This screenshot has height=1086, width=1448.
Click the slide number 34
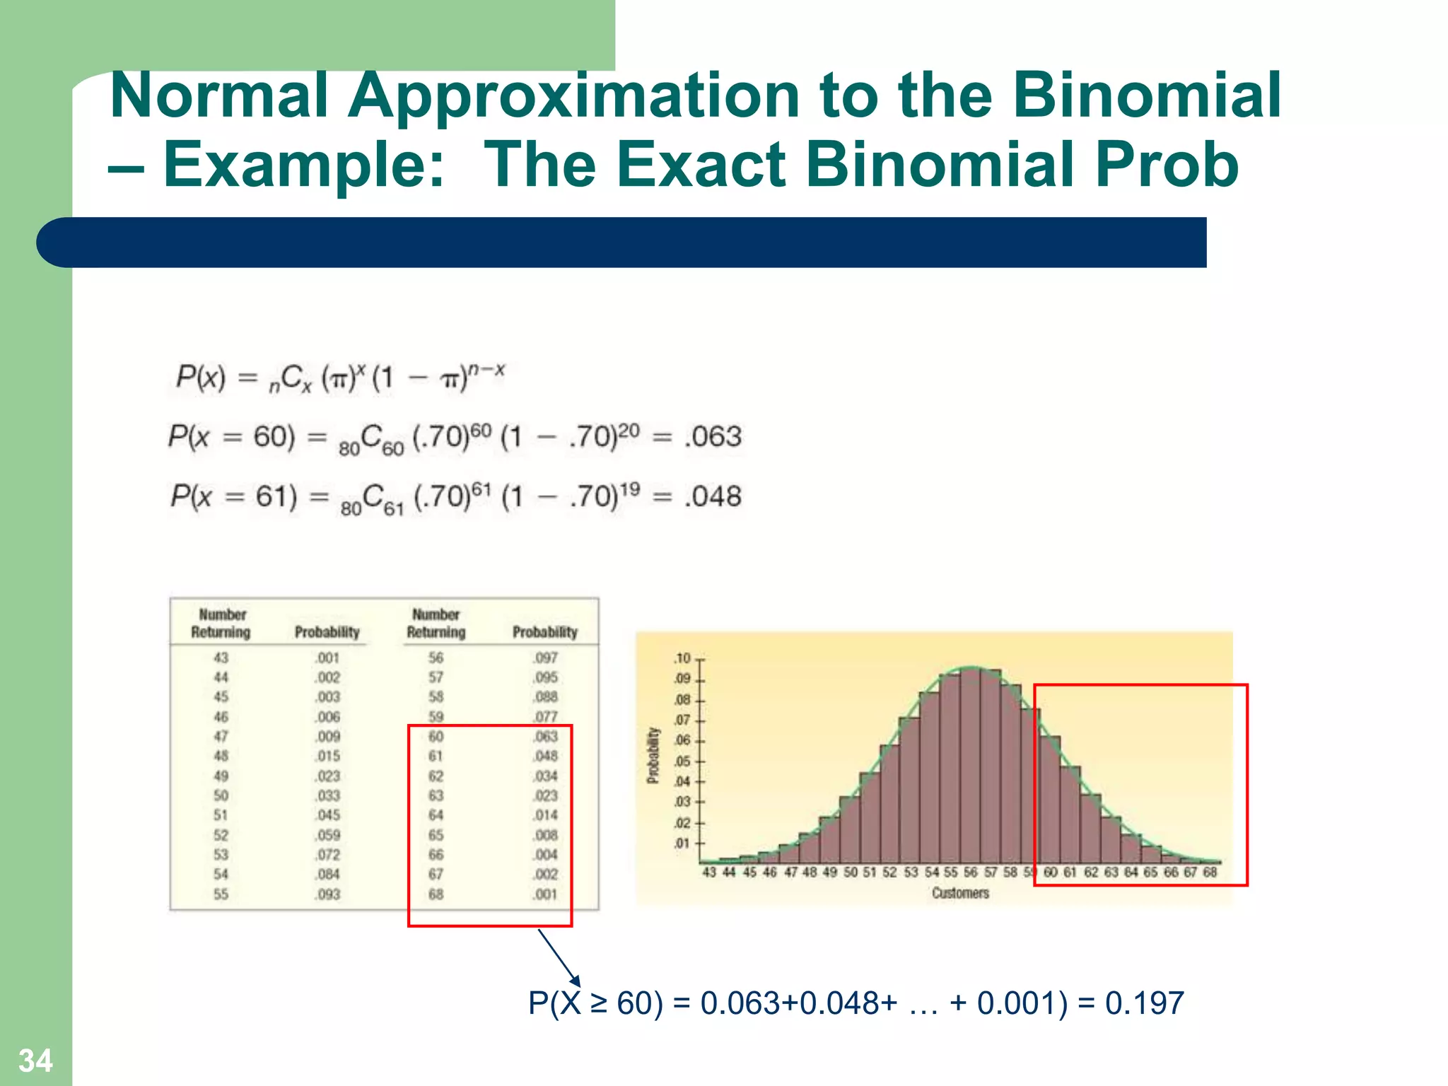coord(35,1061)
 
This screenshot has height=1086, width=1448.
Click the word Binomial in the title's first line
coord(1147,95)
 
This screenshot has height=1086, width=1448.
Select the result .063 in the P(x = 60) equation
coord(713,436)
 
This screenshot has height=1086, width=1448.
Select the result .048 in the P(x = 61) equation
coord(713,496)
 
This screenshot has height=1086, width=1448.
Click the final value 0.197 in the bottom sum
coord(1144,1003)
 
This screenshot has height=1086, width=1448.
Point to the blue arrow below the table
coord(559,957)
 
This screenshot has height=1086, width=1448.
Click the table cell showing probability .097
coord(545,658)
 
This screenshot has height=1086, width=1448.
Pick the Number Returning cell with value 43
coord(221,658)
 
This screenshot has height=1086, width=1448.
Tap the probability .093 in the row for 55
coord(327,894)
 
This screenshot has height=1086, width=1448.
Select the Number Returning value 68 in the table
coord(436,894)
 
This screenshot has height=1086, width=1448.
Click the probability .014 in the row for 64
coord(545,815)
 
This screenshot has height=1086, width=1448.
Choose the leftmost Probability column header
coord(327,632)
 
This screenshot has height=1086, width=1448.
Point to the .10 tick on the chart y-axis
coord(682,658)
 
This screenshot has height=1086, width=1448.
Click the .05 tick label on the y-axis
coord(682,761)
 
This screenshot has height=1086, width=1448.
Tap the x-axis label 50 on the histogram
coord(851,872)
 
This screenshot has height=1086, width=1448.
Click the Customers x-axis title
coord(960,893)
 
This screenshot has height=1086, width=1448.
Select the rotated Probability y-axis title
coord(653,755)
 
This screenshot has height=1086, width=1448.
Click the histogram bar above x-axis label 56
coord(971,771)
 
